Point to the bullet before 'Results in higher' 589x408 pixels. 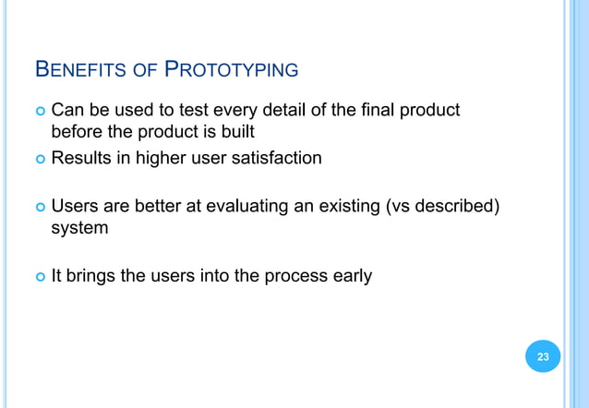click(x=39, y=159)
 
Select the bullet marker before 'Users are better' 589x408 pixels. click(x=39, y=205)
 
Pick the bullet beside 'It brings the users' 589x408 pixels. click(x=39, y=275)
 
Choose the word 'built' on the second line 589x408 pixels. click(x=235, y=133)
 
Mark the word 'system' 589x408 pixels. click(x=79, y=227)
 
